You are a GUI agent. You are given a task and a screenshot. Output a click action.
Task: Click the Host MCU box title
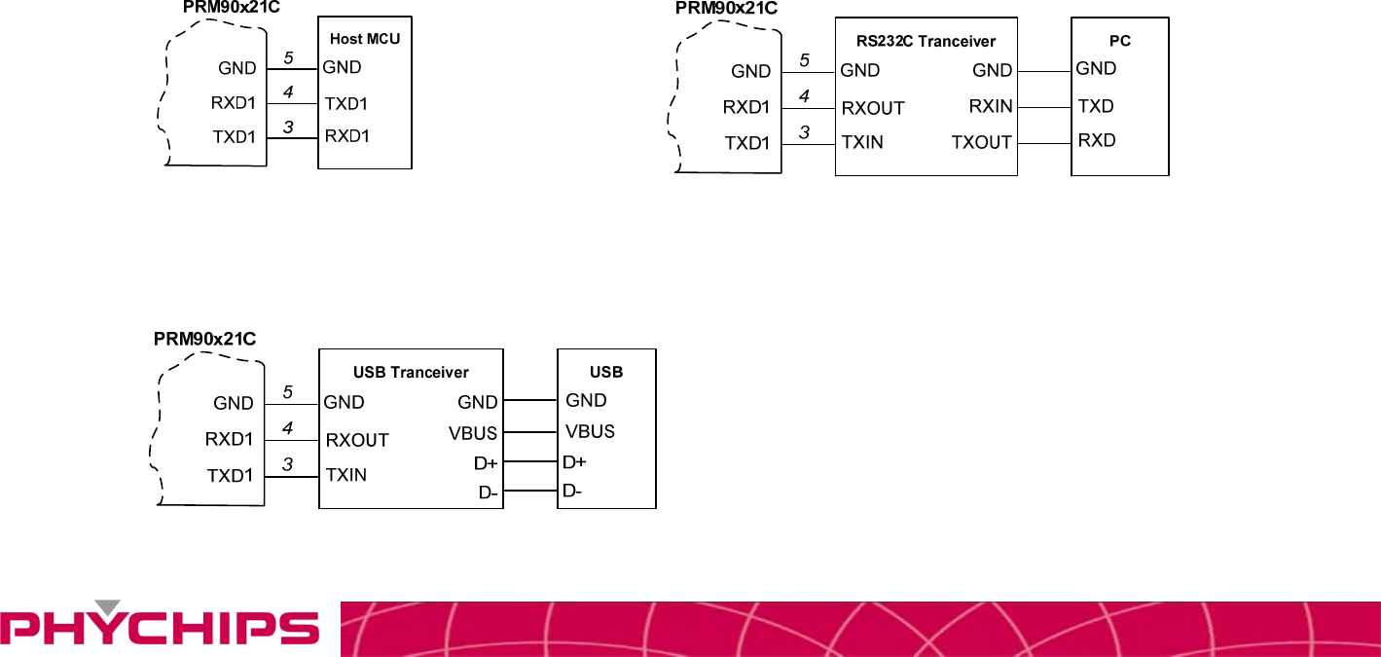pyautogui.click(x=365, y=39)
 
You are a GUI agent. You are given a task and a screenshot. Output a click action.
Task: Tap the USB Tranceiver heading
pyautogui.click(x=411, y=372)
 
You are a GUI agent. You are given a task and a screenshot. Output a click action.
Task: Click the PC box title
pyautogui.click(x=1120, y=41)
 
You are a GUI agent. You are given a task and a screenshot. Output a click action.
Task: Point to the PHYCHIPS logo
pyautogui.click(x=160, y=627)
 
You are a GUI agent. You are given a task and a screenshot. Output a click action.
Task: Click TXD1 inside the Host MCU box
pyautogui.click(x=346, y=103)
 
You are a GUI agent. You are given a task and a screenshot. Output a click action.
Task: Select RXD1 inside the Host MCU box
pyautogui.click(x=347, y=135)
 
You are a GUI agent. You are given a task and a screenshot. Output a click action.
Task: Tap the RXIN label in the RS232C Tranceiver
pyautogui.click(x=991, y=106)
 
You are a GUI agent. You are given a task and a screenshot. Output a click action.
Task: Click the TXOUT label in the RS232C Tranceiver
pyautogui.click(x=982, y=142)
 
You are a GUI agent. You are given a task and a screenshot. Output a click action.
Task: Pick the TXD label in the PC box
pyautogui.click(x=1096, y=105)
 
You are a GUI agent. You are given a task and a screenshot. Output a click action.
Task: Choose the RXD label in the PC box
pyautogui.click(x=1097, y=140)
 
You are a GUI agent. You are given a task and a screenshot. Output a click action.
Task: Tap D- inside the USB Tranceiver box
pyautogui.click(x=488, y=493)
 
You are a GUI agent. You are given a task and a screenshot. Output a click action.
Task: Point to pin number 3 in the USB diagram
pyautogui.click(x=287, y=464)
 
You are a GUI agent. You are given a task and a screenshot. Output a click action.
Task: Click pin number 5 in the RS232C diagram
pyautogui.click(x=804, y=59)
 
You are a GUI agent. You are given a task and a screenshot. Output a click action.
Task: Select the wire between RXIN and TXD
pyautogui.click(x=1044, y=107)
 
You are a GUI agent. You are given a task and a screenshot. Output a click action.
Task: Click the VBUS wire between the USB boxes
pyautogui.click(x=529, y=432)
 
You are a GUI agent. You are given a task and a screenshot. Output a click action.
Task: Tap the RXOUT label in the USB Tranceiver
pyautogui.click(x=357, y=440)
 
